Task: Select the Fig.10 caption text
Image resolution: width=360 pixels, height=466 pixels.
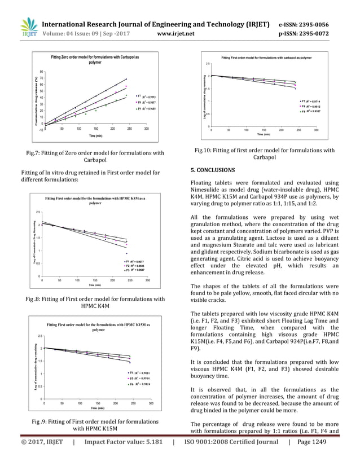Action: coord(265,154)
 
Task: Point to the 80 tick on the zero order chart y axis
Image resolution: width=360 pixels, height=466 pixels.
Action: coord(42,72)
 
